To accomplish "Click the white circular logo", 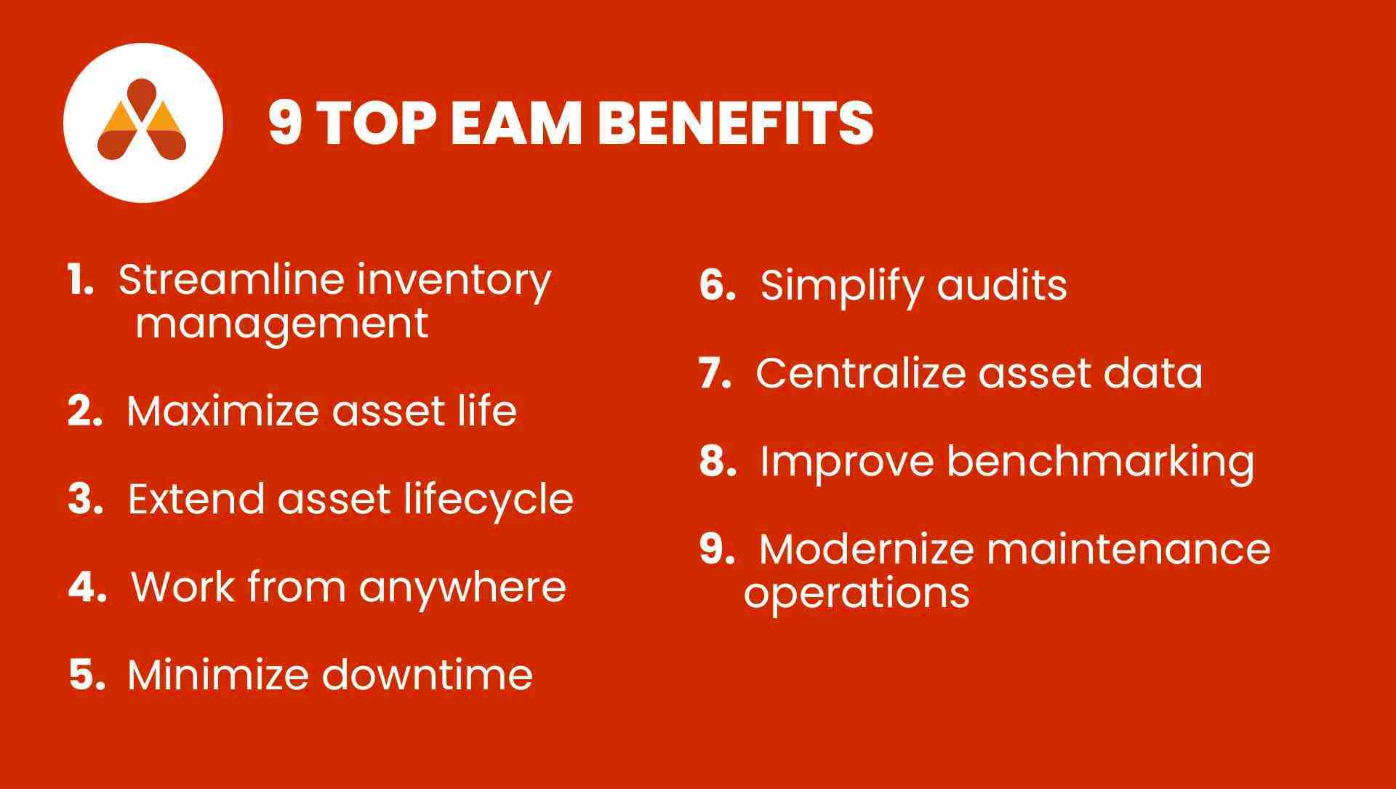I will [143, 122].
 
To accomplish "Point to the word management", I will [282, 324].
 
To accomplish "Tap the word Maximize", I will [223, 411].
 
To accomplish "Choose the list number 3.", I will [84, 500].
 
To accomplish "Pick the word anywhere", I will [462, 586].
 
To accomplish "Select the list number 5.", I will [87, 674].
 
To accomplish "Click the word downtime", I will [428, 674].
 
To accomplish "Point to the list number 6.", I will [717, 284].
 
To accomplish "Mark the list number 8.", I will [717, 461].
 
